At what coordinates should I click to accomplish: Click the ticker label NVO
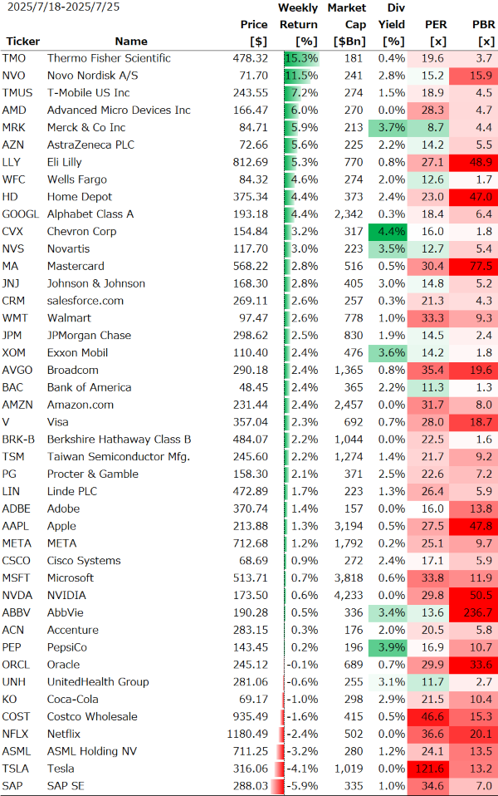click(14, 76)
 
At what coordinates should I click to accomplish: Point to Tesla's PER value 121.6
click(428, 769)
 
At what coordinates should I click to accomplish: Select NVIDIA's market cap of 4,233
click(349, 595)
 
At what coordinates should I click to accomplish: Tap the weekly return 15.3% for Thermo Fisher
click(301, 58)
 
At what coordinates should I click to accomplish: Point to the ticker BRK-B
click(18, 440)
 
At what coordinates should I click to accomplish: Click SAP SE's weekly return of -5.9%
click(305, 786)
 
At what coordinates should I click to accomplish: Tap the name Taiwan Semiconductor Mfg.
click(119, 456)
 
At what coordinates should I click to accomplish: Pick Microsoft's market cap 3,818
click(349, 577)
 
